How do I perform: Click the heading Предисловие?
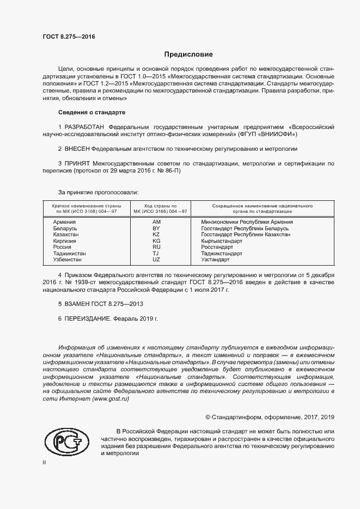(188, 54)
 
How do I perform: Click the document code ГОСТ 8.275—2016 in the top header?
(69, 36)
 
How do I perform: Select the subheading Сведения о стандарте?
(91, 112)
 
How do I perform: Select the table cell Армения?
(64, 222)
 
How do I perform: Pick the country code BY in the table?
(156, 228)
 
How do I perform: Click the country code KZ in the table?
(156, 235)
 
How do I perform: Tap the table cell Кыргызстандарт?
(222, 241)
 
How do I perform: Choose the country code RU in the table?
(156, 247)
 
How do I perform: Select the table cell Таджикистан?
(69, 254)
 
